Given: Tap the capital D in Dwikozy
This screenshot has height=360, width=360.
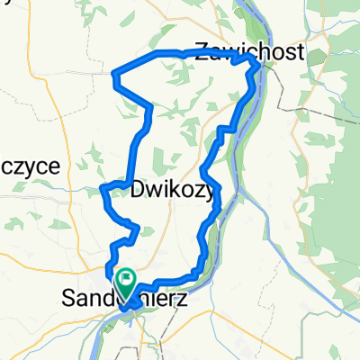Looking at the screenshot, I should click(139, 191).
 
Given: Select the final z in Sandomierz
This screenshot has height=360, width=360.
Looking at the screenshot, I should click(183, 296).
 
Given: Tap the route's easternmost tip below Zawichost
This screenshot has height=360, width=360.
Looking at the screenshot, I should click(261, 66).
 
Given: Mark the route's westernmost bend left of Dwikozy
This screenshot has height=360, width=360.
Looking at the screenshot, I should click(102, 189).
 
